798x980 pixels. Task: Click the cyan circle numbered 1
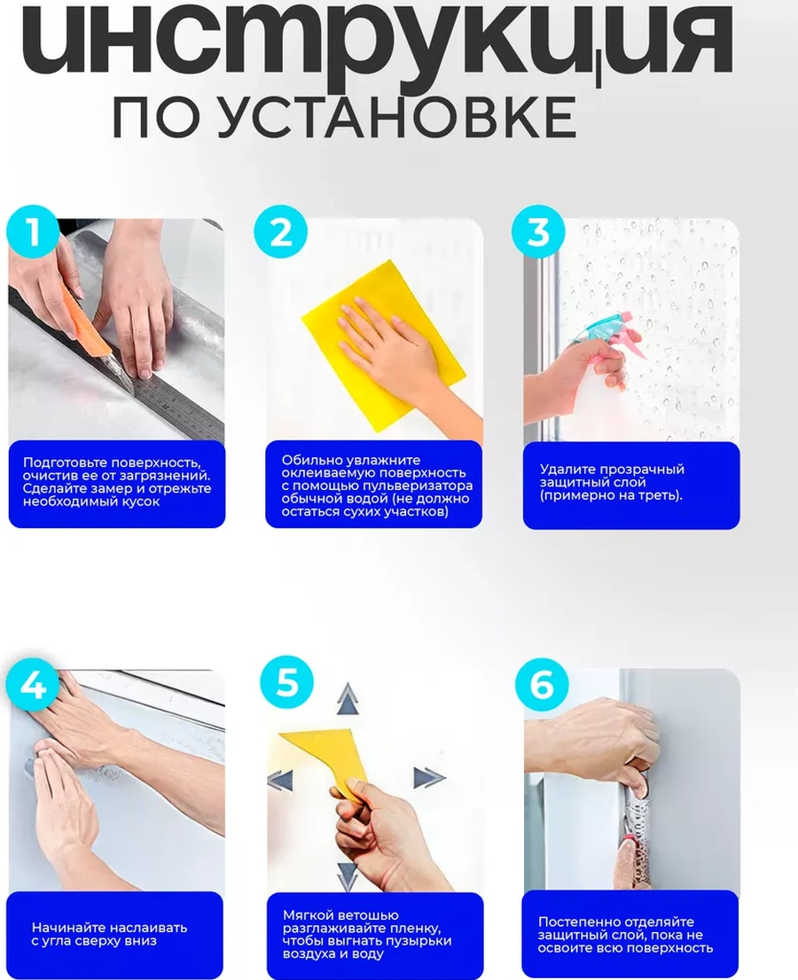tap(33, 231)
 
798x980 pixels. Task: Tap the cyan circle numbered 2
tap(281, 231)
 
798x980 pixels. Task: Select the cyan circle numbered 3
tap(538, 231)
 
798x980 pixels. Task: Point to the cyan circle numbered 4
tap(33, 684)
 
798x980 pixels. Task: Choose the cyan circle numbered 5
tap(287, 682)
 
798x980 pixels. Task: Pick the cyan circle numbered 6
tap(542, 684)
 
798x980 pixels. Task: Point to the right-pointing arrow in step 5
tap(429, 777)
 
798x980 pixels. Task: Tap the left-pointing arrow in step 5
tap(280, 782)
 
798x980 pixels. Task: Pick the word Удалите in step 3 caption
tap(565, 469)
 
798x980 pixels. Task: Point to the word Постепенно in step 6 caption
tap(577, 922)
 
